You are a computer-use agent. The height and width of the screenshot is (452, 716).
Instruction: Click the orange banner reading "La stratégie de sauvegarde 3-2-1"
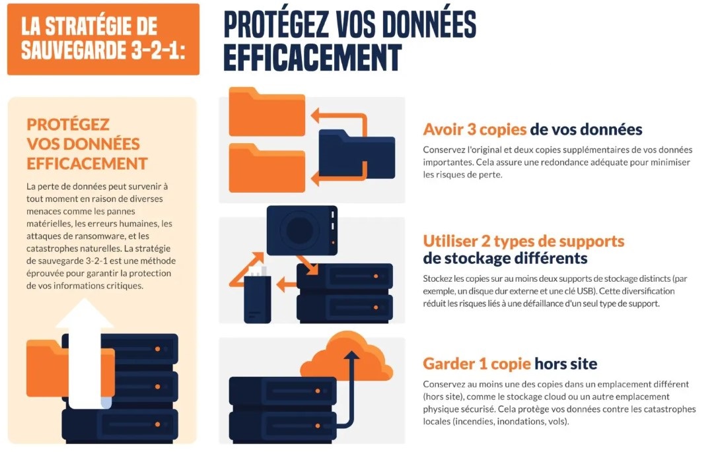(x=103, y=39)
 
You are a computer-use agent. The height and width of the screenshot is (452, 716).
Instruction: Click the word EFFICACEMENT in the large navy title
(x=313, y=57)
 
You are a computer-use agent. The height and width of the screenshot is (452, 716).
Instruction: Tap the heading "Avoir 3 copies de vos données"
(x=532, y=129)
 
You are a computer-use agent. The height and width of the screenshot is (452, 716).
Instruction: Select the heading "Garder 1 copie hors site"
(x=510, y=364)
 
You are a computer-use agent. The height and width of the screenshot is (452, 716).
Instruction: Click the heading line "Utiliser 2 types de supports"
(x=523, y=241)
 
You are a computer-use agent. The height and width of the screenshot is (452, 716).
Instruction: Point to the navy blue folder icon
(x=357, y=154)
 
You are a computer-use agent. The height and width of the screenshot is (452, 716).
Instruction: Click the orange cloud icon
(x=347, y=356)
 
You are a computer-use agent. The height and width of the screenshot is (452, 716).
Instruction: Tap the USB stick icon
(x=257, y=295)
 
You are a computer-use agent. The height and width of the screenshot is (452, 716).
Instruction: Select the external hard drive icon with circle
(x=302, y=230)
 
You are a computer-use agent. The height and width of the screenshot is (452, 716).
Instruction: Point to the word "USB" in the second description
(x=588, y=291)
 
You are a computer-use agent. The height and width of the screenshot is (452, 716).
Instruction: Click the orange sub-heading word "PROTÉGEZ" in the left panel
(x=68, y=125)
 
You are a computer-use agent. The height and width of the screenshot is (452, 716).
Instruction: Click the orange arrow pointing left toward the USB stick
(x=287, y=284)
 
